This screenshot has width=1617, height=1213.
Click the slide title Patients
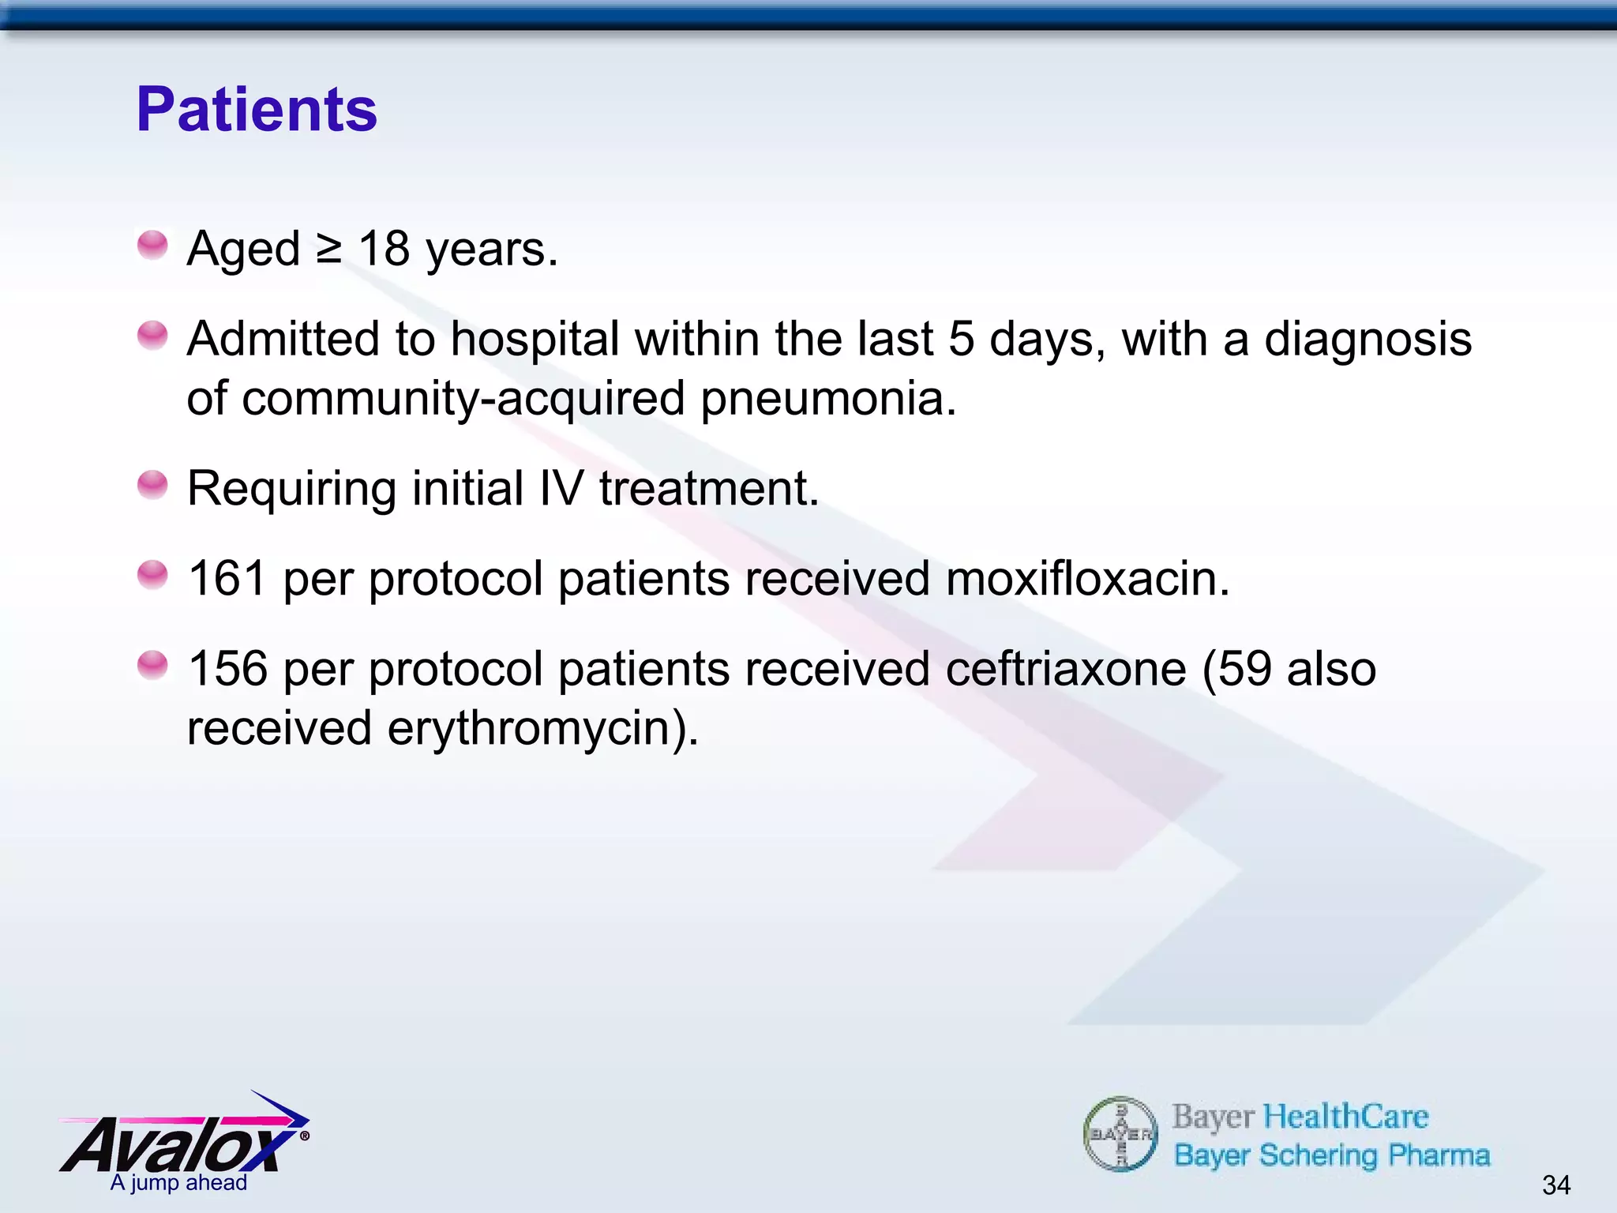coord(257,110)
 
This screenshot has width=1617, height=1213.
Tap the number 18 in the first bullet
coord(384,249)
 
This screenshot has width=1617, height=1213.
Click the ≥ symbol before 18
coord(328,250)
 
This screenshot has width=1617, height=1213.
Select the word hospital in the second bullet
coord(535,340)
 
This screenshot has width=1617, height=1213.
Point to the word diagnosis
coord(1368,340)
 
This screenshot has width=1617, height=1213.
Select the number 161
coord(227,578)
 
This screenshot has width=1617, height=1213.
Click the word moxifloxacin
coord(1087,578)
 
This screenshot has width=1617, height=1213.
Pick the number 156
coord(227,669)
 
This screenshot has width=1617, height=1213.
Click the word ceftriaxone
coord(1066,669)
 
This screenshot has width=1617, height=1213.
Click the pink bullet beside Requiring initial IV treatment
coord(152,485)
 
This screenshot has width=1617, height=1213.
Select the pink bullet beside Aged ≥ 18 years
coord(152,245)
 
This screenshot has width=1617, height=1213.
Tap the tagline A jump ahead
coord(178,1183)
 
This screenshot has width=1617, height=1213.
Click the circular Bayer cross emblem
coord(1120,1134)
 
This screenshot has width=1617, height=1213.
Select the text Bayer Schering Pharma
coord(1331,1155)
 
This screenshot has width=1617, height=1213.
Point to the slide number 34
coord(1555,1185)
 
